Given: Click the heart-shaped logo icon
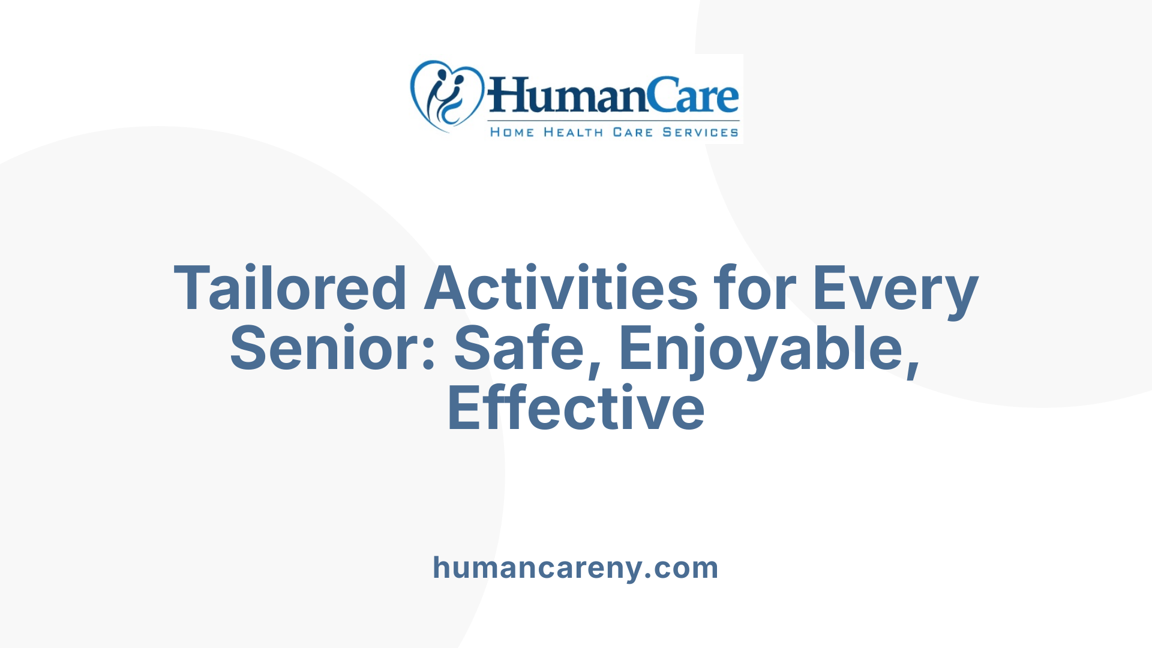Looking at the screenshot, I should pyautogui.click(x=446, y=96).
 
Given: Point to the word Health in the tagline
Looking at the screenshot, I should pyautogui.click(x=573, y=132).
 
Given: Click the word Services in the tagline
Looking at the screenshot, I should pyautogui.click(x=700, y=132).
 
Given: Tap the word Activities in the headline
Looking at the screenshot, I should pyautogui.click(x=561, y=289).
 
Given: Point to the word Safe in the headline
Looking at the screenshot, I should pyautogui.click(x=519, y=349).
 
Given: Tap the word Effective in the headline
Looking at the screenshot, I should pyautogui.click(x=576, y=409).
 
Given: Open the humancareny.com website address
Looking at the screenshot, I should pyautogui.click(x=575, y=568).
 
